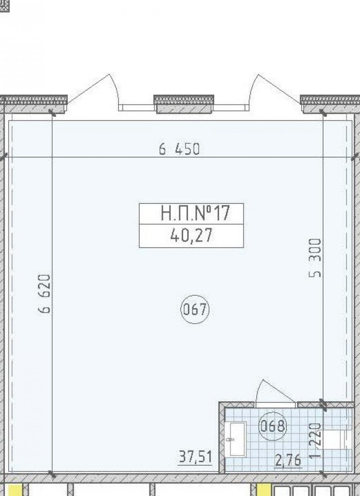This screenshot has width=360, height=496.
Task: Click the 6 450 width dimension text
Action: [x=179, y=149]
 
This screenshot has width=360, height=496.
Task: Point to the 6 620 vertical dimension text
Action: [x=44, y=293]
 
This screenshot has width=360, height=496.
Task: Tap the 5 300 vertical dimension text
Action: [x=315, y=258]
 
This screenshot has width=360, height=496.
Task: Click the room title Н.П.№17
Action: [x=195, y=213]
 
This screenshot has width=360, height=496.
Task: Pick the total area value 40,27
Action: [x=191, y=236]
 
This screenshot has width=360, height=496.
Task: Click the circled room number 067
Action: [x=195, y=309]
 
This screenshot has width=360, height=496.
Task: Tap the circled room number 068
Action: [x=273, y=426]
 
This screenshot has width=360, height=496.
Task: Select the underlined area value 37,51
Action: [x=195, y=457]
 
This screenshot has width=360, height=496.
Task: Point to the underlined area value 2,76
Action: [x=288, y=460]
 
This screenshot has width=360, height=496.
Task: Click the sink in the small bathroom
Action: [x=236, y=439]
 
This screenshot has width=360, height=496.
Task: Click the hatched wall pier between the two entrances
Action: [x=184, y=104]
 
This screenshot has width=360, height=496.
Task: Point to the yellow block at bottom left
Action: [x=15, y=489]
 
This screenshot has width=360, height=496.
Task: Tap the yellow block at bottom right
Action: [x=264, y=489]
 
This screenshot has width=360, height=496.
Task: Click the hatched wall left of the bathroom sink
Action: [x=222, y=439]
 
